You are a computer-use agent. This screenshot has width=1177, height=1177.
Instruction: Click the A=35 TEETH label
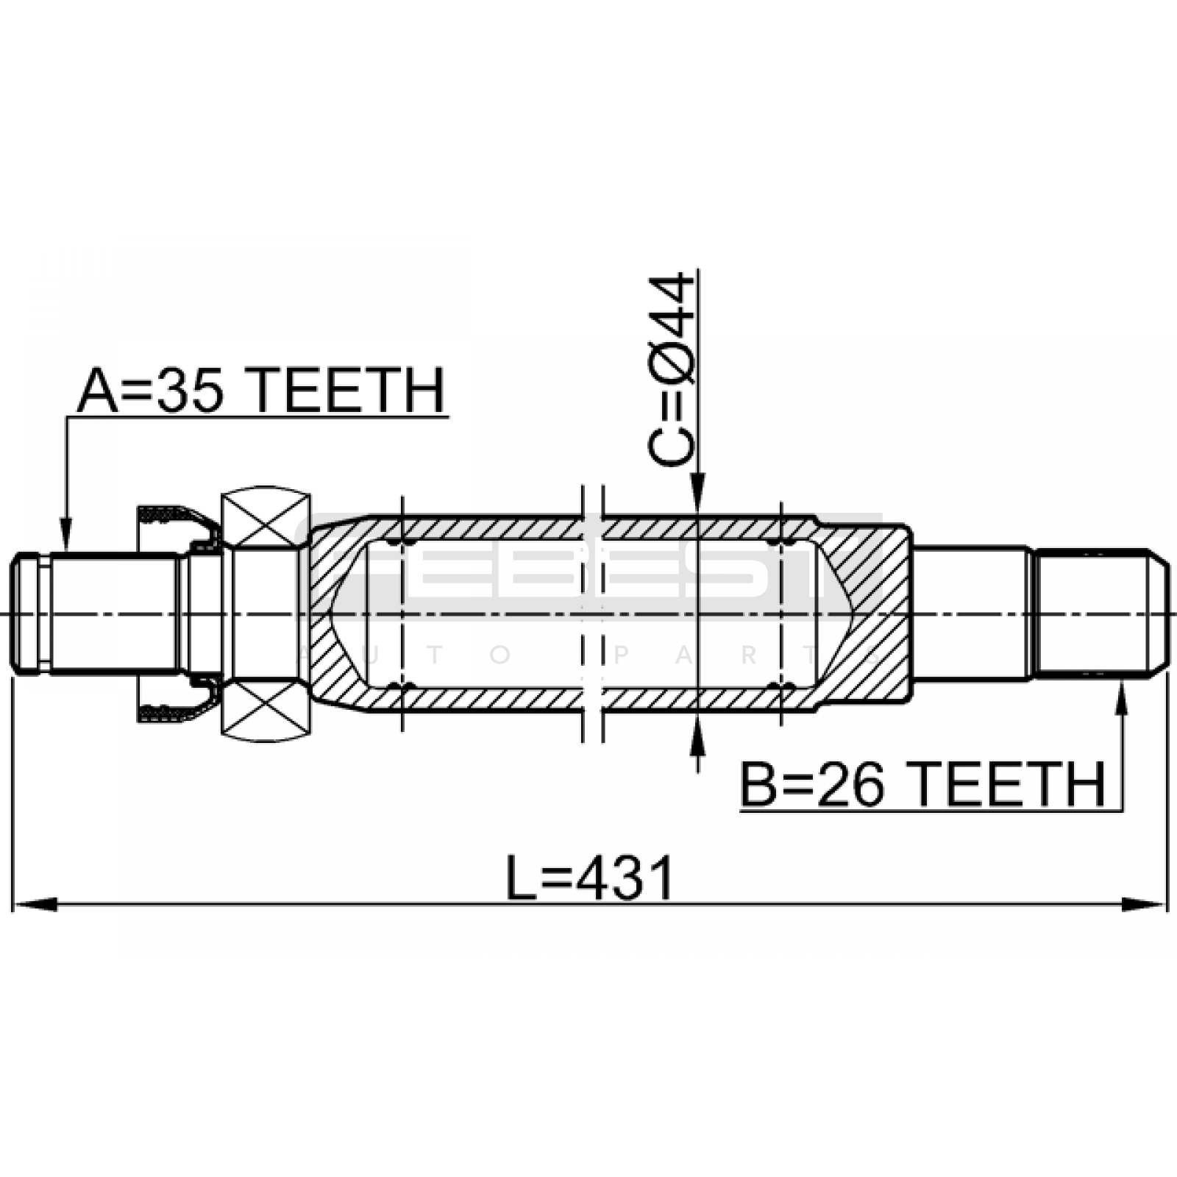pos(261,391)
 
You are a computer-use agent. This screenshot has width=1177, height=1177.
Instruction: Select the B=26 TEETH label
pos(922,785)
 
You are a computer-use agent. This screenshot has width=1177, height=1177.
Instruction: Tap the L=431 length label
pos(590,878)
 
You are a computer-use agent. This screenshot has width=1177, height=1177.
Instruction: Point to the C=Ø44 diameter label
pos(671,370)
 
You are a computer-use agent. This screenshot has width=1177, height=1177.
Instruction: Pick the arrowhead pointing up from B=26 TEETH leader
pos(1122,699)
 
